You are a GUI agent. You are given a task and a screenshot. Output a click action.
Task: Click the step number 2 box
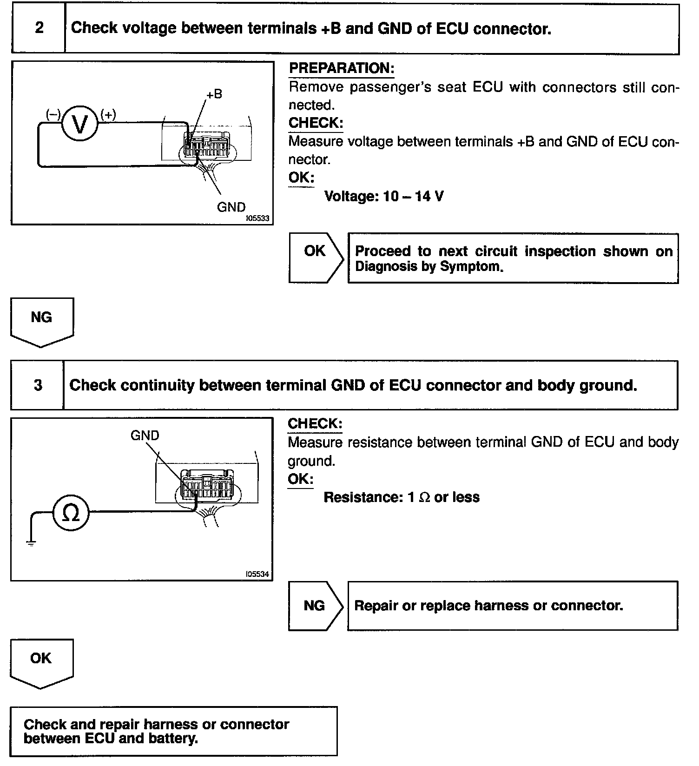click(39, 28)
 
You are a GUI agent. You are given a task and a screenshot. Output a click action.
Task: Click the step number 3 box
click(38, 385)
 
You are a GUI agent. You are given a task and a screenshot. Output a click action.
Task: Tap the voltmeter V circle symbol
click(80, 123)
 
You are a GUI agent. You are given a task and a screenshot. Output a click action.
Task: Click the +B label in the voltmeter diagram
click(214, 94)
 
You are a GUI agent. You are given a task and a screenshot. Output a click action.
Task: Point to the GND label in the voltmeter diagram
click(231, 207)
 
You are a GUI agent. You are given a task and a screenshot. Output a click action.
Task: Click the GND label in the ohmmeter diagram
click(145, 436)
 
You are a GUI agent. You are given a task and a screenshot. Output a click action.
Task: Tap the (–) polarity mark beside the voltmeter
click(53, 114)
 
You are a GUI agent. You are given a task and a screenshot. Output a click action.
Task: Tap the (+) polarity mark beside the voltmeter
click(108, 114)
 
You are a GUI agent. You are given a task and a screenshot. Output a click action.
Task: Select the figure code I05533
click(257, 218)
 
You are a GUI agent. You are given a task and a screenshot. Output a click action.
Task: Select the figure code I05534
click(257, 574)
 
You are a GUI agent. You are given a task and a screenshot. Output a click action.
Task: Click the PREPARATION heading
click(342, 68)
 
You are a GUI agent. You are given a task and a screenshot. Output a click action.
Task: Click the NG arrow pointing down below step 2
click(42, 321)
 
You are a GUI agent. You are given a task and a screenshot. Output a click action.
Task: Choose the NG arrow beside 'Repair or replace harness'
click(315, 606)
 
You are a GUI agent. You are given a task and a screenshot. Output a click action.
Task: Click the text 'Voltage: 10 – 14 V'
click(383, 196)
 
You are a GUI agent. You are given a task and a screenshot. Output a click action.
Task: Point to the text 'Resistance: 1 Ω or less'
click(402, 497)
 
